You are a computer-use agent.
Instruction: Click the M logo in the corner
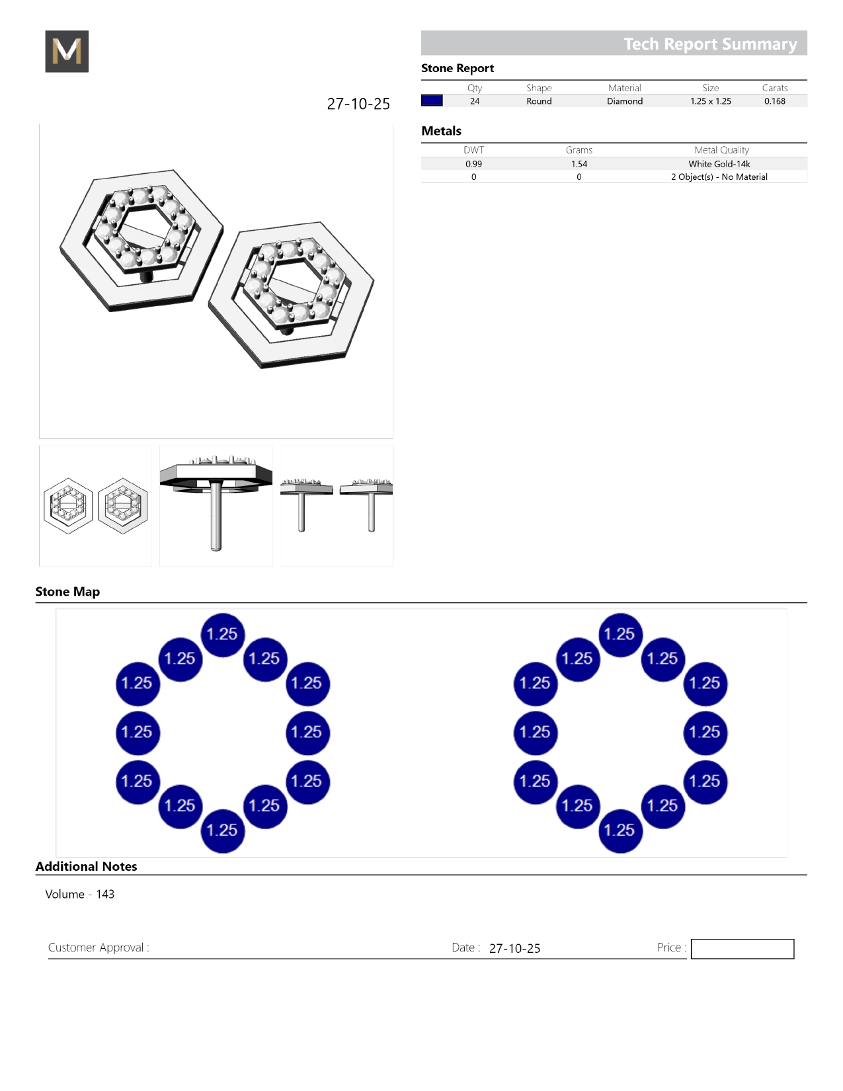pyautogui.click(x=67, y=51)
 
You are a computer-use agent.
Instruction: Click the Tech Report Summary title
pyautogui.click(x=710, y=44)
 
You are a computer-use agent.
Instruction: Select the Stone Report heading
pyautogui.click(x=458, y=68)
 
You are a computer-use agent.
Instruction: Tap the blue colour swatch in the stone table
pyautogui.click(x=432, y=101)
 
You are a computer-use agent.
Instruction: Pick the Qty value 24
pyautogui.click(x=475, y=101)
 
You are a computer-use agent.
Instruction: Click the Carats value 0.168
pyautogui.click(x=775, y=101)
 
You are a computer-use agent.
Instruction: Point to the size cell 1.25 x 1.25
pyautogui.click(x=711, y=101)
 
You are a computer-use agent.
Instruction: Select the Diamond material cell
pyautogui.click(x=625, y=101)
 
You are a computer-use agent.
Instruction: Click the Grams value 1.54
pyautogui.click(x=579, y=164)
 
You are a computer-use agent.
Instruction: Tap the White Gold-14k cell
pyautogui.click(x=719, y=164)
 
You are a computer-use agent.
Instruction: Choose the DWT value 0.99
pyautogui.click(x=473, y=164)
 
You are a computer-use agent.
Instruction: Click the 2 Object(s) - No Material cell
pyautogui.click(x=719, y=177)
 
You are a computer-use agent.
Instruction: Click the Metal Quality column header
pyautogui.click(x=721, y=150)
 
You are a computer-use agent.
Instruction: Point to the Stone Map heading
pyautogui.click(x=68, y=591)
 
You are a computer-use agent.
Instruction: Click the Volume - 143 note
pyautogui.click(x=80, y=894)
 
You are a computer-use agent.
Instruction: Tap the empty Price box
pyautogui.click(x=742, y=949)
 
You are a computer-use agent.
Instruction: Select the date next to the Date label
pyautogui.click(x=514, y=948)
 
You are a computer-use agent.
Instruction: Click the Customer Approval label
pyautogui.click(x=99, y=948)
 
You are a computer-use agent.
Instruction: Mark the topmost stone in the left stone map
pyautogui.click(x=222, y=635)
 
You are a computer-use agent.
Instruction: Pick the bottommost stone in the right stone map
pyautogui.click(x=620, y=831)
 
